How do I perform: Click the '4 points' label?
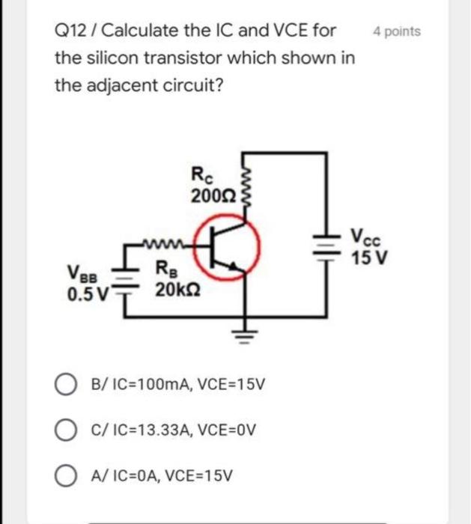tap(396, 31)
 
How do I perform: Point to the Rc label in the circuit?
tap(202, 179)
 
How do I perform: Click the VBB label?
tap(82, 272)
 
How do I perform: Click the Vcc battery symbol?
tap(326, 246)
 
